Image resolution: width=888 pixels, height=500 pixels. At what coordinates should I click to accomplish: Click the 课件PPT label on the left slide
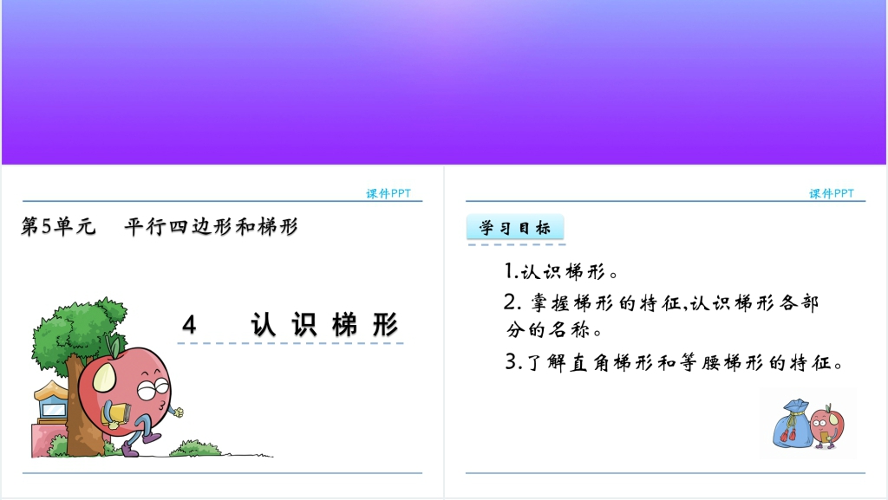388,193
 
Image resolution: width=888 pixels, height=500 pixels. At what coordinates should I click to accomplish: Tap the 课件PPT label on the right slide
832,193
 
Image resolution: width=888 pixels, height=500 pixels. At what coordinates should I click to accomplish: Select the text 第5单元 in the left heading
58,226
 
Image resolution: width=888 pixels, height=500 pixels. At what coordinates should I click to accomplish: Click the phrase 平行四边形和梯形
212,226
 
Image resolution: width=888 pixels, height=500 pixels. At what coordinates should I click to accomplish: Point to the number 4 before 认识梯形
189,325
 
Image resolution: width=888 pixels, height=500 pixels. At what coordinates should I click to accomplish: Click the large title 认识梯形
324,325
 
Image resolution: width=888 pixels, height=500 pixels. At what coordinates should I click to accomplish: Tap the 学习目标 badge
515,228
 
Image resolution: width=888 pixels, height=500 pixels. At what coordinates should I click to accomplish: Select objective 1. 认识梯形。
561,271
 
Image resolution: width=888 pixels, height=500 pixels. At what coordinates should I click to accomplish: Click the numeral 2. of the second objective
513,302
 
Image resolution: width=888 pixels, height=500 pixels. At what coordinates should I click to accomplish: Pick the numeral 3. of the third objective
513,362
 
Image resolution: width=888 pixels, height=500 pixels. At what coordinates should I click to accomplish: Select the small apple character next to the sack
826,425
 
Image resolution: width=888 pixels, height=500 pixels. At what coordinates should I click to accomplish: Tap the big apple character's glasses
153,389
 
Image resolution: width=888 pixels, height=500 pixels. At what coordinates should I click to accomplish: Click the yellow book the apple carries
116,414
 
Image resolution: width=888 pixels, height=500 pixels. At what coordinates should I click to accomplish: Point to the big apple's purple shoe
130,450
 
